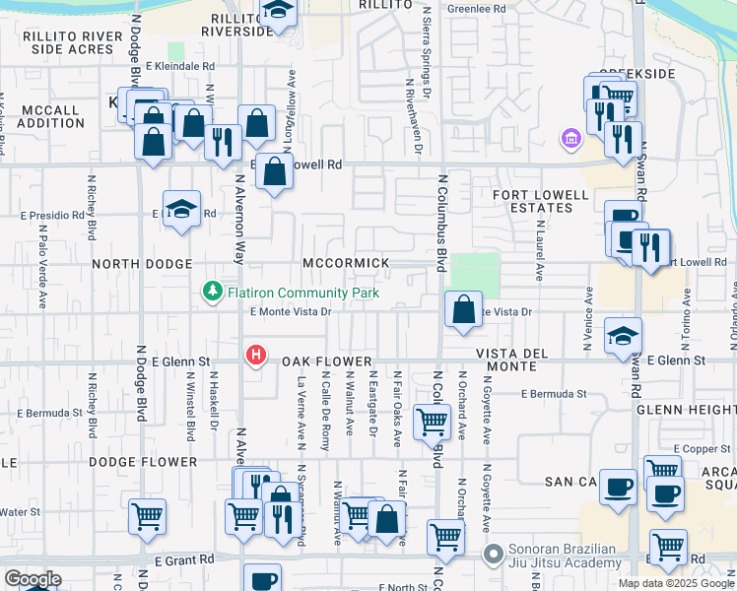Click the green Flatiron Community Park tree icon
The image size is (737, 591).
(211, 292)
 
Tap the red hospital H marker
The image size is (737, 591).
(256, 355)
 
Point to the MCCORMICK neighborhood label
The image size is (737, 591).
(346, 264)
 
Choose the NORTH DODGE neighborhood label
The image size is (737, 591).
(144, 264)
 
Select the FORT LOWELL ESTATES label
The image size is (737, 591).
(533, 201)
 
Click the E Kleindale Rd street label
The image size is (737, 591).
(182, 66)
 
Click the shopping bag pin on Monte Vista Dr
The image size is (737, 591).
(463, 310)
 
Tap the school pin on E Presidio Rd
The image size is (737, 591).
(181, 210)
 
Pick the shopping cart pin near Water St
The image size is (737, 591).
(147, 515)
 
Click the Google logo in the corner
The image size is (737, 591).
(33, 579)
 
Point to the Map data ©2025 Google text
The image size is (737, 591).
(676, 583)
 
